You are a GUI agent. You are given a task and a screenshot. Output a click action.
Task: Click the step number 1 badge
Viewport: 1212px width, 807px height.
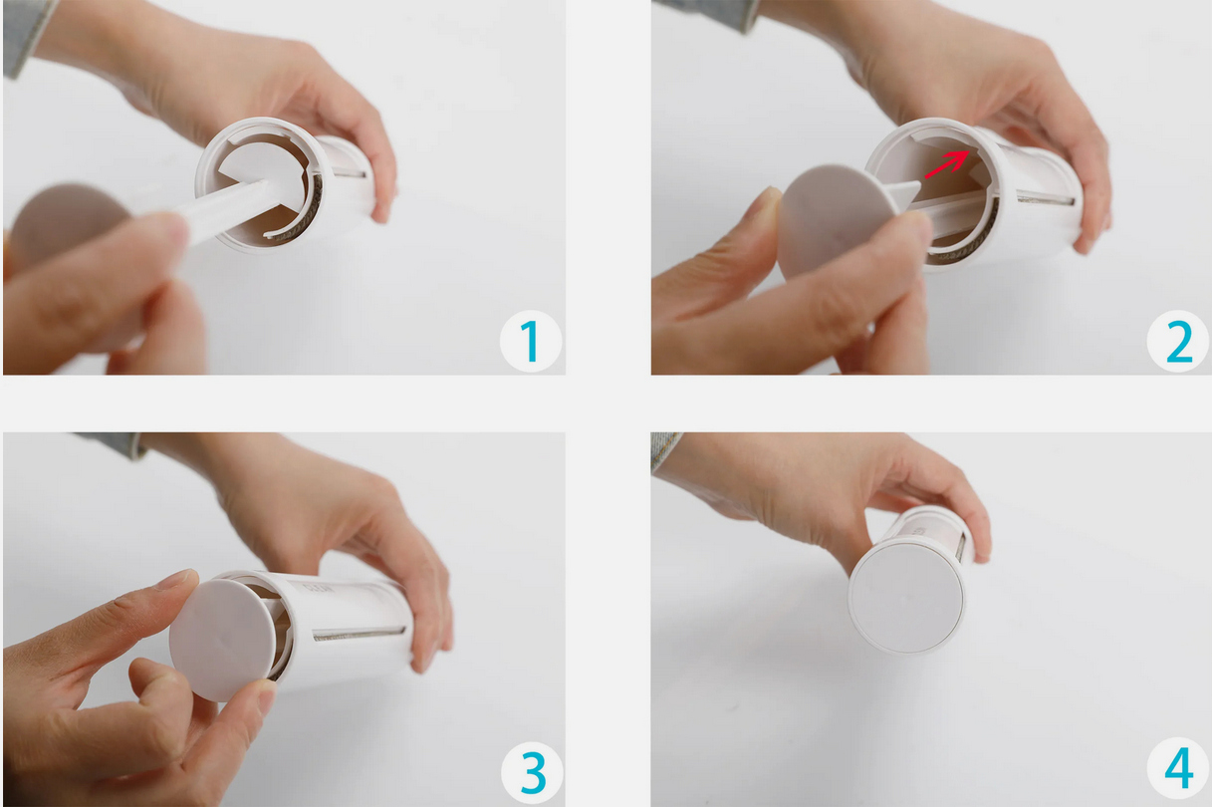(530, 341)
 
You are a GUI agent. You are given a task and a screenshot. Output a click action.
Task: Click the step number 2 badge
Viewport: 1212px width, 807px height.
(1177, 341)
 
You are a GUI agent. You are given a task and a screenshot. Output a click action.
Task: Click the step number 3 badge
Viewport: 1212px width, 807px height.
(532, 773)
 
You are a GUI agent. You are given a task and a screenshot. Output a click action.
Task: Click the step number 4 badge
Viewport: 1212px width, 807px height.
(1177, 768)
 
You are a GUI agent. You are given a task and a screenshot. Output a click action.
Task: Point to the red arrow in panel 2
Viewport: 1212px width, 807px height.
(947, 164)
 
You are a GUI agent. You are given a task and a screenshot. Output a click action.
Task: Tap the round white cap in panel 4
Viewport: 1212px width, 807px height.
(905, 597)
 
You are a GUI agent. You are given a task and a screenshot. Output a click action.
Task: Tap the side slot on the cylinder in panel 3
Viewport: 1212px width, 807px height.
(359, 634)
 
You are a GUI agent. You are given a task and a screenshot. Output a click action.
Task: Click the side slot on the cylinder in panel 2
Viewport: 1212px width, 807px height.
(1045, 198)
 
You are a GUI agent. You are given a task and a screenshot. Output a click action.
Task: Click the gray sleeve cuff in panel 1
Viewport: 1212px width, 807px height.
(27, 35)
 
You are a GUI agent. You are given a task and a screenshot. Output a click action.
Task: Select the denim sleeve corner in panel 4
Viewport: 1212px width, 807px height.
(665, 452)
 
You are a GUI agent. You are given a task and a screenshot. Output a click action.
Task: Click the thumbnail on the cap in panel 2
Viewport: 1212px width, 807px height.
(768, 201)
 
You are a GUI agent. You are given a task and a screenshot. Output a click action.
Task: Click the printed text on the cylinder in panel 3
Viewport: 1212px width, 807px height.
(318, 589)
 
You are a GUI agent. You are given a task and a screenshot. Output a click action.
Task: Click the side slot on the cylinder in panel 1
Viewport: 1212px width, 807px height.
(349, 173)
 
